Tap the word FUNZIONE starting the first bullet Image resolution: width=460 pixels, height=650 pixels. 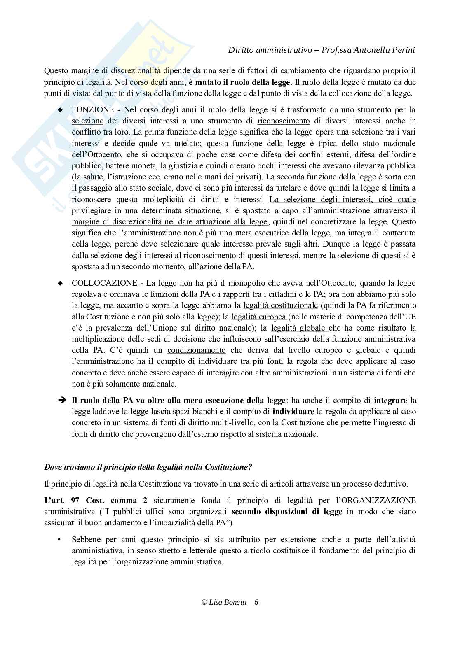pos(92,110)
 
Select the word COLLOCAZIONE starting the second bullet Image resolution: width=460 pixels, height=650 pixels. pos(104,283)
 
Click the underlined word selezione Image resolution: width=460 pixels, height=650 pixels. pos(87,121)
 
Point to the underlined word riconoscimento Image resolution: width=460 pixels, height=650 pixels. pos(283,121)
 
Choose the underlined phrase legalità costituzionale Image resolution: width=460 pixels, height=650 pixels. pos(281,305)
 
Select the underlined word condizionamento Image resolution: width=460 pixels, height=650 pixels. pos(196,350)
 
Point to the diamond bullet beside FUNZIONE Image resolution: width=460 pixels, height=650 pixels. pos(60,110)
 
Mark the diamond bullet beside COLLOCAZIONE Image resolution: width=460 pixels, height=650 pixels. pos(60,284)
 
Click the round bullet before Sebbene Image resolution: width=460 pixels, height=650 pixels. pos(60,539)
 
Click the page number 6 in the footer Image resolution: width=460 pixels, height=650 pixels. pos(256,602)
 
